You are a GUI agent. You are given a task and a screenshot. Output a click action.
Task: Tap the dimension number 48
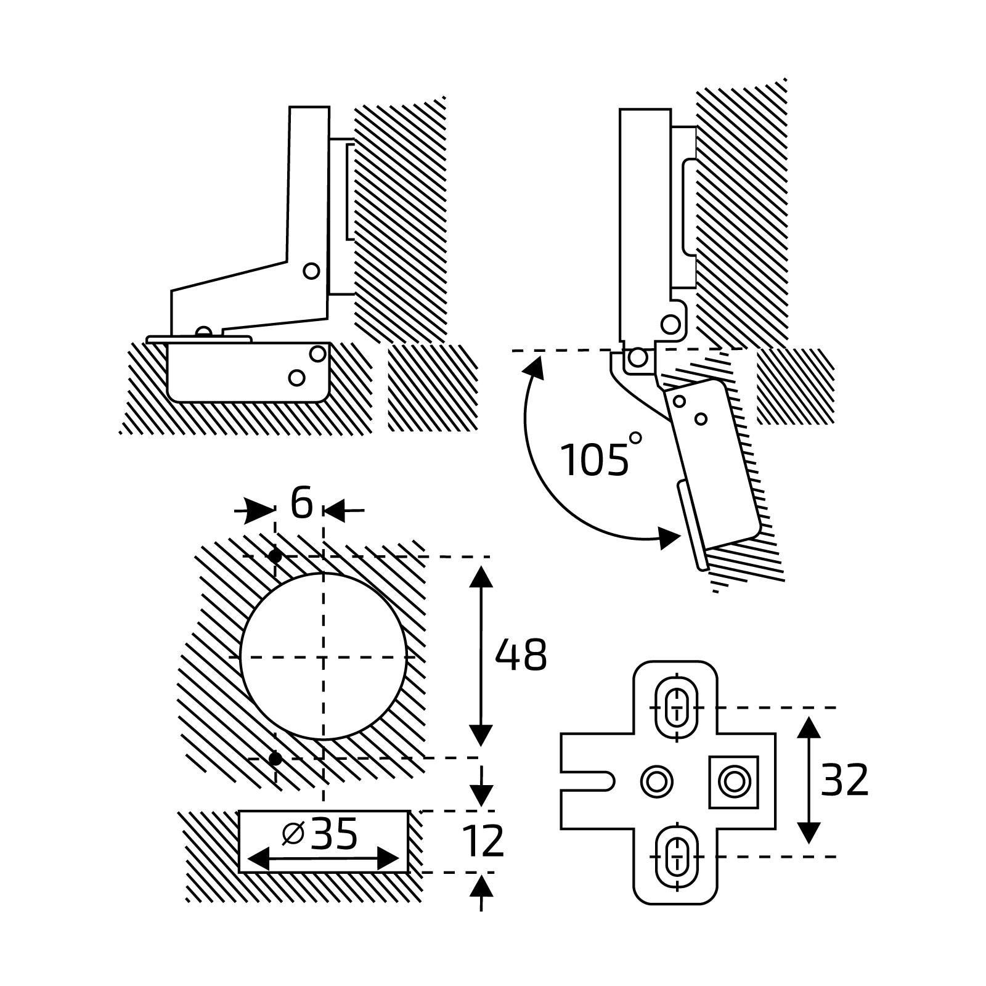[x=521, y=656]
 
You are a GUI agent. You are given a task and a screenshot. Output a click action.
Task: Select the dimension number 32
[x=844, y=781]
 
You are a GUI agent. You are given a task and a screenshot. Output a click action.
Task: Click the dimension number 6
[x=301, y=503]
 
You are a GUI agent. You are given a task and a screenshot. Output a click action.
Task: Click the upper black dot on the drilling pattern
[x=275, y=556]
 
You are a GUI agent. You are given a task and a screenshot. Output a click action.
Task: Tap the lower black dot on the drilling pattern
[x=275, y=759]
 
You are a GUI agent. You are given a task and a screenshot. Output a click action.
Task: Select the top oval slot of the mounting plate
[x=676, y=707]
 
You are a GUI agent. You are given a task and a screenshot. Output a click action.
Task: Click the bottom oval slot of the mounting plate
[x=676, y=856]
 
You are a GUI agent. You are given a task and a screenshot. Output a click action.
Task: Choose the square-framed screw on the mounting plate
[x=733, y=781]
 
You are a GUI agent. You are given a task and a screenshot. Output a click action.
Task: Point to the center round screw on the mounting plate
[x=657, y=782]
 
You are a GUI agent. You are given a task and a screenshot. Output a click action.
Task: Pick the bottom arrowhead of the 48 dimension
[x=481, y=736]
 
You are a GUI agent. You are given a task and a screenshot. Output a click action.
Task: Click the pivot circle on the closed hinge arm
[x=311, y=270]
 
